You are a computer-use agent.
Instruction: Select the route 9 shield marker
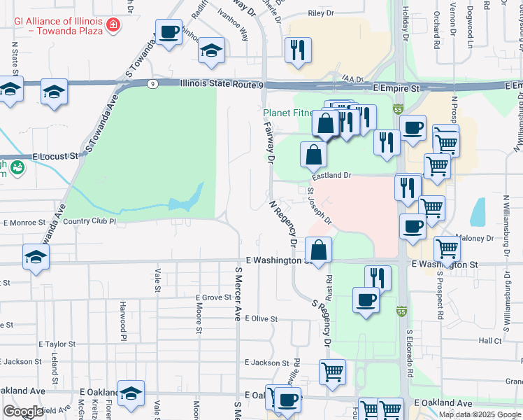152,84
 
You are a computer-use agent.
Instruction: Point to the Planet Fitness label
289,113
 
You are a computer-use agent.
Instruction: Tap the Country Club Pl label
89,221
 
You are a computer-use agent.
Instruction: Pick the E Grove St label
213,297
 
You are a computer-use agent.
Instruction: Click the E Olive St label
260,318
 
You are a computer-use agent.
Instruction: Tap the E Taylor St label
57,344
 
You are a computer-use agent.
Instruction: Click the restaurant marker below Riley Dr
298,50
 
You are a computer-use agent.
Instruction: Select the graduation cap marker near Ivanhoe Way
211,52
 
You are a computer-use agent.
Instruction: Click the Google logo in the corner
24,412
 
